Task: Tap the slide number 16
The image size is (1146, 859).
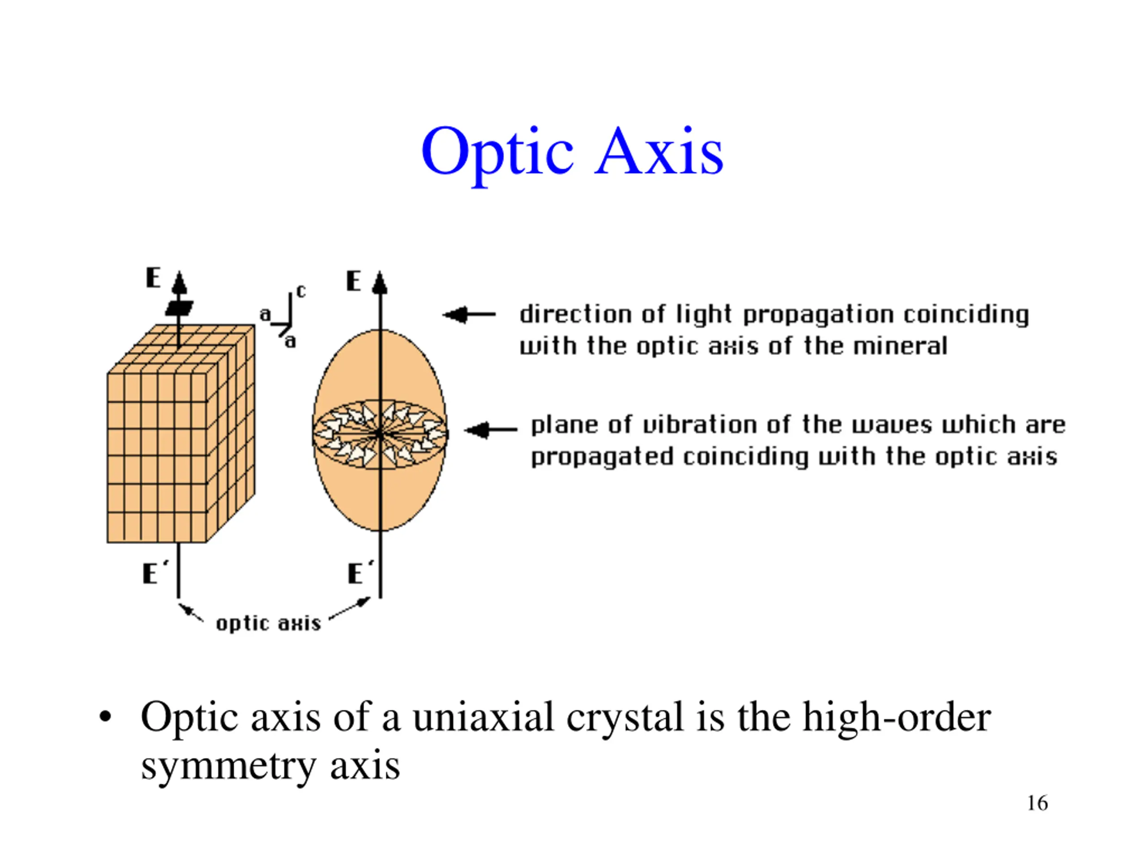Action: pos(1037,803)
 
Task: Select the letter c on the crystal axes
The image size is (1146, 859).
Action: pos(300,292)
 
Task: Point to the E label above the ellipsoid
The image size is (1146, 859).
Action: pos(353,282)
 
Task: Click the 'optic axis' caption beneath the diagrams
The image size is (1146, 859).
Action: pos(268,623)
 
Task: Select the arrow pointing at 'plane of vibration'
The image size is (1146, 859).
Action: pos(490,429)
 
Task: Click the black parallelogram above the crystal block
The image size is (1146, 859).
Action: pos(179,308)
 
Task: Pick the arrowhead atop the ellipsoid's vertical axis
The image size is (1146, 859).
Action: pos(380,283)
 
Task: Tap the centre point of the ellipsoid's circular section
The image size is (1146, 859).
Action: pos(380,434)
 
